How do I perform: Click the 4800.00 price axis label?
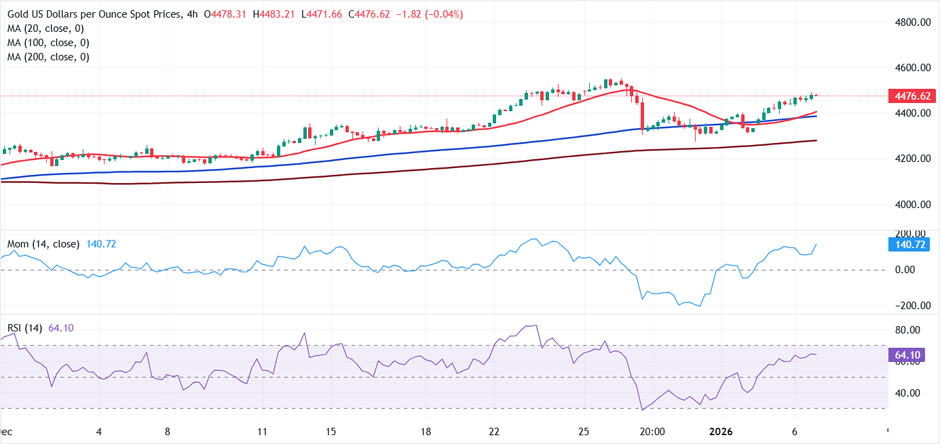click(x=911, y=22)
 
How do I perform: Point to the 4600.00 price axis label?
click(x=911, y=68)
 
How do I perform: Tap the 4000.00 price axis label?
click(x=911, y=204)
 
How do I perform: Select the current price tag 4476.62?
click(x=911, y=96)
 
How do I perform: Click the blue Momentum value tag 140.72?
click(x=911, y=245)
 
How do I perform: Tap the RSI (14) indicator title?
click(x=24, y=328)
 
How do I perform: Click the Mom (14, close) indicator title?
click(x=43, y=244)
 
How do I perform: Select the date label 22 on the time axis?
click(x=494, y=432)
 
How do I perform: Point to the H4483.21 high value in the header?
click(x=274, y=14)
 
